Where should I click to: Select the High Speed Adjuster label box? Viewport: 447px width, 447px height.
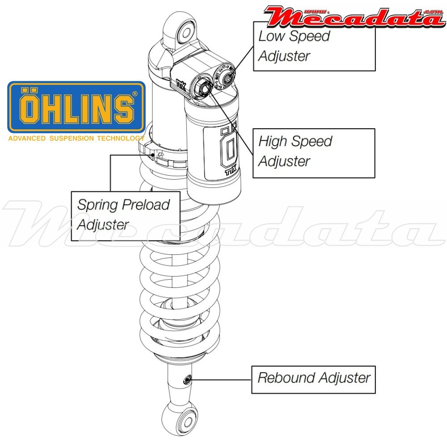(x=314, y=153)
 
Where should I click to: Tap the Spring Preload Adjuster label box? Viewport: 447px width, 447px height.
(x=126, y=215)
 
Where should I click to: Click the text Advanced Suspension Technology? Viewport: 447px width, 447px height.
(x=76, y=139)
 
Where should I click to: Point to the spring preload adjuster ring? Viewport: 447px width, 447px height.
(x=156, y=154)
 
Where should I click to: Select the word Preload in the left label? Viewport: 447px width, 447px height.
(x=147, y=205)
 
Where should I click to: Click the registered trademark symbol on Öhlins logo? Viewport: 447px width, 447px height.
(x=135, y=94)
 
